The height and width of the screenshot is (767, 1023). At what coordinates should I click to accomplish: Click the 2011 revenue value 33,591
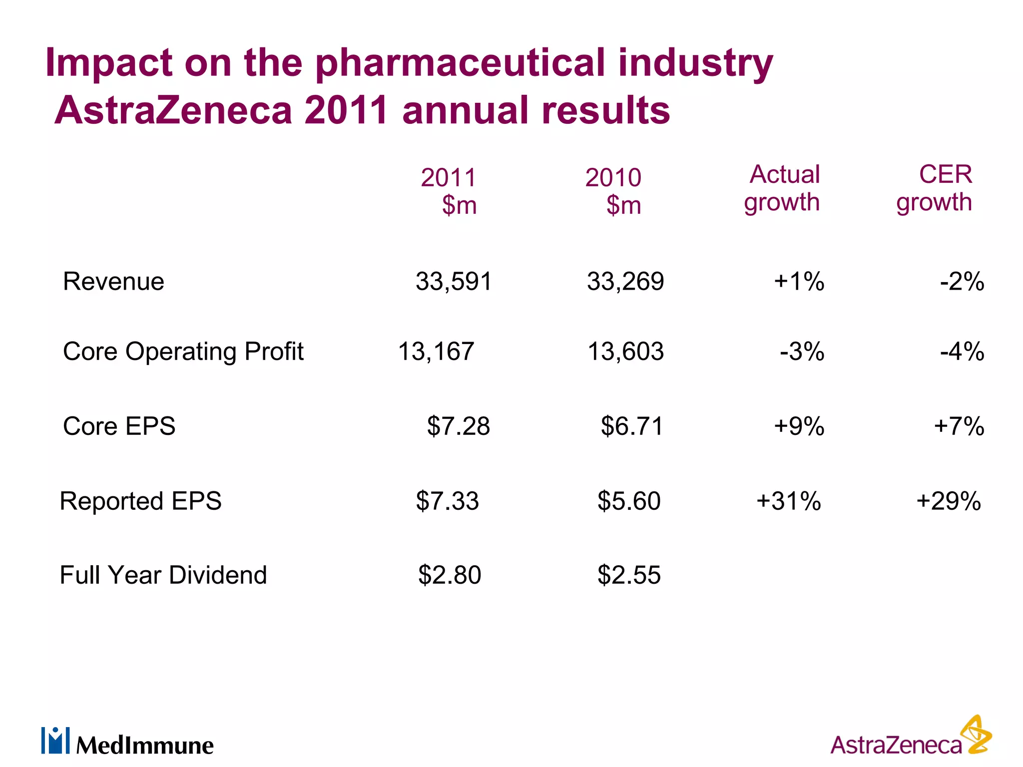(x=454, y=282)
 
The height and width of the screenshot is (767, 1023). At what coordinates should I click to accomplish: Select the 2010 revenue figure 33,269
(x=625, y=282)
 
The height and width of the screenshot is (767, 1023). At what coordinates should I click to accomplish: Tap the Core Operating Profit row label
(x=183, y=352)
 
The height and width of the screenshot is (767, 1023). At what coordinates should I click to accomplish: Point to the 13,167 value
(x=436, y=352)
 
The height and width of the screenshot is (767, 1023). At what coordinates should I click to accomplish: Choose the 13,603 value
(x=625, y=352)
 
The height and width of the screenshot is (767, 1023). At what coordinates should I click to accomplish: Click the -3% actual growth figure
(x=802, y=352)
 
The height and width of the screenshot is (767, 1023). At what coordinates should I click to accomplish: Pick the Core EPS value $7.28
(x=458, y=426)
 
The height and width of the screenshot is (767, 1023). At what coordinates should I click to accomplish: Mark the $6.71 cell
(x=631, y=426)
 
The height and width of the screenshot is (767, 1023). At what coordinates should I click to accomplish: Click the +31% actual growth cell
(x=789, y=501)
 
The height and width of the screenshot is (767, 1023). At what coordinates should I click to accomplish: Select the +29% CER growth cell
(x=949, y=501)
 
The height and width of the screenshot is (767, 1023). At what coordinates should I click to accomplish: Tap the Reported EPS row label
(x=140, y=501)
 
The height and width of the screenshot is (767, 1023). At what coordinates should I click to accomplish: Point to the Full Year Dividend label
(x=163, y=575)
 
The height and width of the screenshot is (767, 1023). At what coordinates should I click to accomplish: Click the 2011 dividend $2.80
(x=450, y=575)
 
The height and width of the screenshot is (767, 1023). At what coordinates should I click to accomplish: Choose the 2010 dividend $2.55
(x=629, y=575)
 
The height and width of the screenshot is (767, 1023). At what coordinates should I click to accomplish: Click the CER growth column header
(x=934, y=189)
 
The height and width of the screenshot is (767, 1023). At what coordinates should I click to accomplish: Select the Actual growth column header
(x=782, y=189)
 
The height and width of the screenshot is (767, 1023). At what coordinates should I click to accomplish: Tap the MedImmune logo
(x=128, y=742)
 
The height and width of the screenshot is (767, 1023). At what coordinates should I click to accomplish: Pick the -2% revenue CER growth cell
(x=962, y=282)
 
